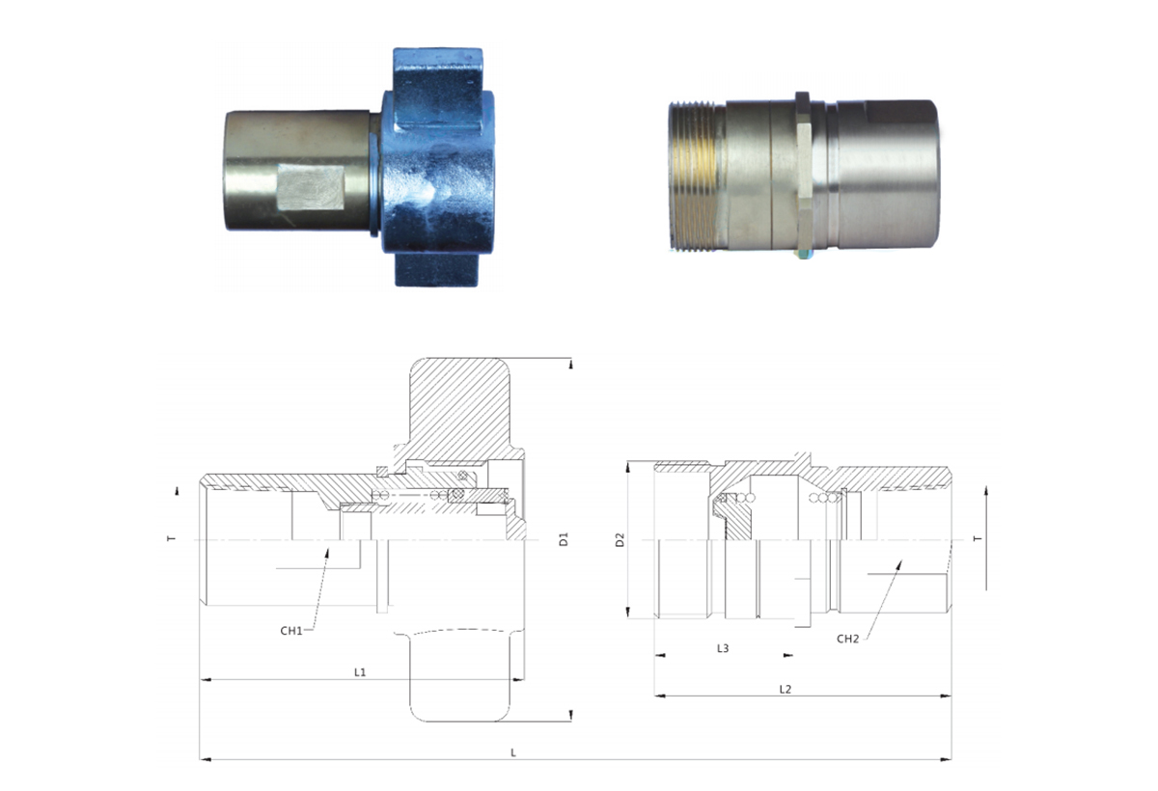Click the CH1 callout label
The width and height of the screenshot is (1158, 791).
pyautogui.click(x=291, y=631)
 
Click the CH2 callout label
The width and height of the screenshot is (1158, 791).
pyautogui.click(x=848, y=640)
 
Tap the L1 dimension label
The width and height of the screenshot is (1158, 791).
pyautogui.click(x=360, y=672)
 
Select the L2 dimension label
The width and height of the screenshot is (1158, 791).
pyautogui.click(x=786, y=689)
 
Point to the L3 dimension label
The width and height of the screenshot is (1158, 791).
pyautogui.click(x=723, y=648)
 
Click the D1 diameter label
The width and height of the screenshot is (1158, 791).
pyautogui.click(x=564, y=539)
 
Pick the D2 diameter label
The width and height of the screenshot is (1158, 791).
pyautogui.click(x=620, y=540)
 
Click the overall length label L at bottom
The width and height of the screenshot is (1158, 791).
pyautogui.click(x=513, y=752)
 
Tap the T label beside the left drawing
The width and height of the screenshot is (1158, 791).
pyautogui.click(x=172, y=539)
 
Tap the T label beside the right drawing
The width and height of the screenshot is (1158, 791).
pyautogui.click(x=977, y=539)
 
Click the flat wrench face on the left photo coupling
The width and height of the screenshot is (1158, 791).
pyautogui.click(x=311, y=187)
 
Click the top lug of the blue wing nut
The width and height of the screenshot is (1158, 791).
pyautogui.click(x=438, y=88)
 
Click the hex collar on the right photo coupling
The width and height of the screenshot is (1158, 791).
pyautogui.click(x=803, y=175)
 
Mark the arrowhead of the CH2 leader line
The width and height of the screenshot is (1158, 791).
pyautogui.click(x=899, y=564)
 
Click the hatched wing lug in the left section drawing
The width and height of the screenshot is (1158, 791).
pyautogui.click(x=459, y=408)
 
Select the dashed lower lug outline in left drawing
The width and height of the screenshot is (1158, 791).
pyautogui.click(x=459, y=674)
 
